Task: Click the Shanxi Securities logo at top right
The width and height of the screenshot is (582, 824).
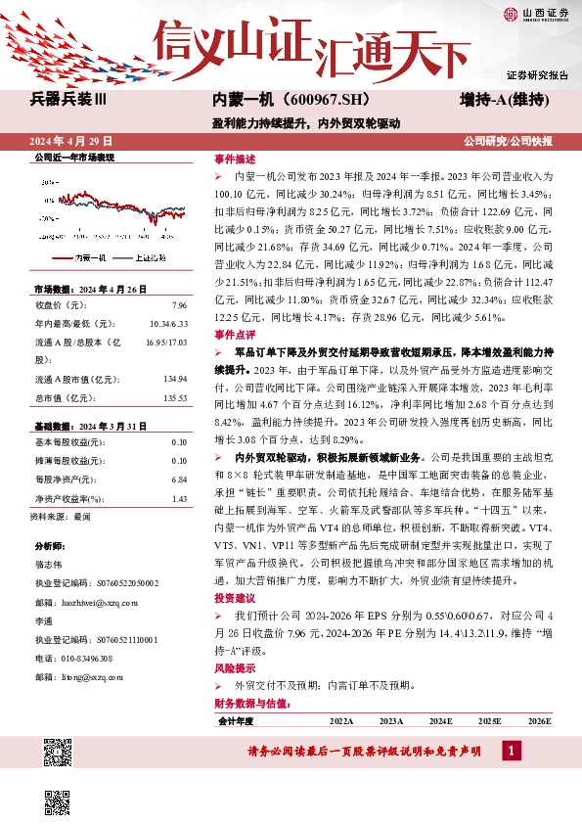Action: [x=533, y=13]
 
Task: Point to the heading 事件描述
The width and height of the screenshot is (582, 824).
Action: [x=235, y=159]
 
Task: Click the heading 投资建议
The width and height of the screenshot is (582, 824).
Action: [x=235, y=597]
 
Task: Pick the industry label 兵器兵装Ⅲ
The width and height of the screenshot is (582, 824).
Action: [x=74, y=100]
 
